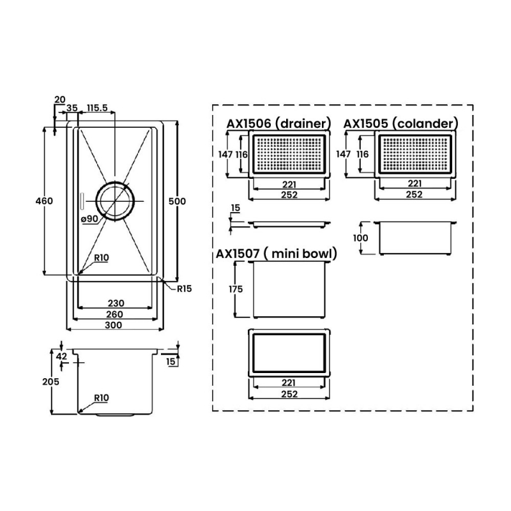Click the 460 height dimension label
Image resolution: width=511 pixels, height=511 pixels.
click(x=44, y=201)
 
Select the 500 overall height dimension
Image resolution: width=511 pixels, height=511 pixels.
click(x=177, y=201)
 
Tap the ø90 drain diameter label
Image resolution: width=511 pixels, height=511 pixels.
click(x=89, y=219)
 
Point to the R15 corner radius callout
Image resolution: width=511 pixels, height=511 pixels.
click(x=184, y=289)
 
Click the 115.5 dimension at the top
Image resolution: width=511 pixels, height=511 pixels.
click(x=97, y=108)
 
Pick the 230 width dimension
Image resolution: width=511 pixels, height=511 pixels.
click(x=116, y=303)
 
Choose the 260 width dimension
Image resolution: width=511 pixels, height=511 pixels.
click(x=115, y=314)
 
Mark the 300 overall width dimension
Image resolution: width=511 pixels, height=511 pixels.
click(x=114, y=325)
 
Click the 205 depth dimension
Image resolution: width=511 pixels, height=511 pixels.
click(x=51, y=381)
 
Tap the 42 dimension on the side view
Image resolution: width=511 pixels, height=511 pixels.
click(x=61, y=356)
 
